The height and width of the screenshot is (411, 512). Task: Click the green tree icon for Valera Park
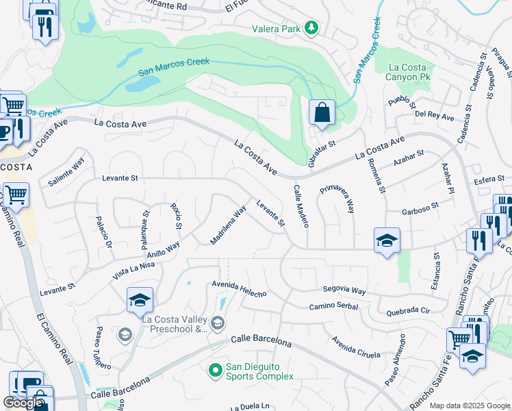point(312,27)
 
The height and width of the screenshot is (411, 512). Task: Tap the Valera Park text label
point(276,28)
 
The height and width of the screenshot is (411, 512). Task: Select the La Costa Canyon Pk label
point(412,73)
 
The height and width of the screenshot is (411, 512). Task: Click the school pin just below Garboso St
point(387,240)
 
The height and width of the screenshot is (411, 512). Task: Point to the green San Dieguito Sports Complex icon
point(215,370)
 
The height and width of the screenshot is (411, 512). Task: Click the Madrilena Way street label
point(228,225)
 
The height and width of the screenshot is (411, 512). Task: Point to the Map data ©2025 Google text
point(469,406)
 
